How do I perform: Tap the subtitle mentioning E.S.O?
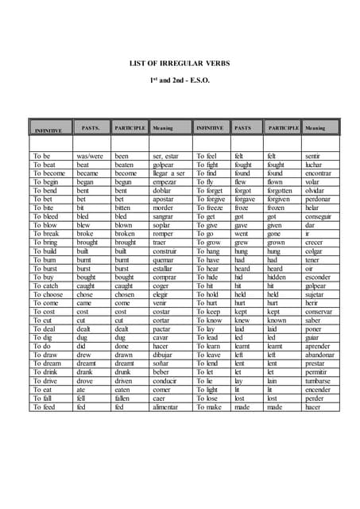pyautogui.click(x=180, y=81)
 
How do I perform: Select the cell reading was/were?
pyautogui.click(x=90, y=157)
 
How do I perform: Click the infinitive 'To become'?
pyautogui.click(x=49, y=173)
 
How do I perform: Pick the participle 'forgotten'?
pyautogui.click(x=281, y=190)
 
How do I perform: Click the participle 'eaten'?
pyautogui.click(x=124, y=390)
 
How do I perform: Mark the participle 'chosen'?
pyautogui.click(x=125, y=294)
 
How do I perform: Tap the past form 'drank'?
pyautogui.click(x=87, y=372)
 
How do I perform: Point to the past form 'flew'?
pyautogui.click(x=241, y=181)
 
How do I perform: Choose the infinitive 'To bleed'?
pyautogui.click(x=46, y=216)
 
